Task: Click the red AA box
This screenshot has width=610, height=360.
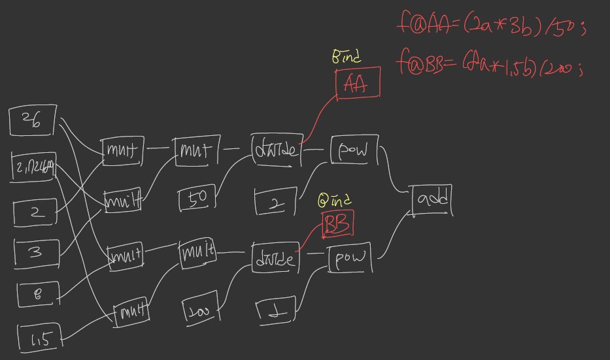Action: tap(358, 83)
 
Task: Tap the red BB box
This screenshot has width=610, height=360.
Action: tap(338, 223)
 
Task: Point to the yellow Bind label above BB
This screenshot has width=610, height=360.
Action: tap(335, 199)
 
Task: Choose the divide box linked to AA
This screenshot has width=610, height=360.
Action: tap(275, 150)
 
